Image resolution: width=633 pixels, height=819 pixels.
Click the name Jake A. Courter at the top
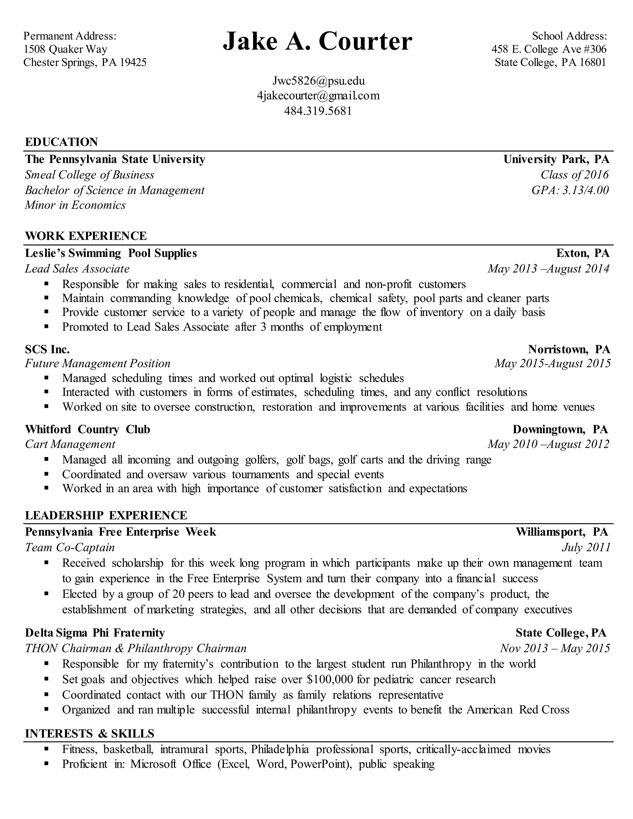[317, 41]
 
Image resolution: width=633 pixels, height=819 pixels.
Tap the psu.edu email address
[318, 81]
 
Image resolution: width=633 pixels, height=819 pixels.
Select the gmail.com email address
[318, 95]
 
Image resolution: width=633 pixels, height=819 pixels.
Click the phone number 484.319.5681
[318, 111]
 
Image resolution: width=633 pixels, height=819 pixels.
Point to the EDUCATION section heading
[62, 142]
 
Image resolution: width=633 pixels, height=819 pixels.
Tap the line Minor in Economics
[75, 205]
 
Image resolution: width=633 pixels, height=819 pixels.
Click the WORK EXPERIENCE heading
[86, 236]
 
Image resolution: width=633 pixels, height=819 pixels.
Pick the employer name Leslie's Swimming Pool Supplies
[111, 253]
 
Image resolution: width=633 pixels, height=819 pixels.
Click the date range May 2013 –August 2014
[548, 269]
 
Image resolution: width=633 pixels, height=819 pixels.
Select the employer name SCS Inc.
[47, 350]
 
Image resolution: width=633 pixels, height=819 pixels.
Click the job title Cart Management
[70, 444]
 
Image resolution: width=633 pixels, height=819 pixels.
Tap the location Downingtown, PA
[560, 429]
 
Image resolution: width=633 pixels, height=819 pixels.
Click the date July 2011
[586, 548]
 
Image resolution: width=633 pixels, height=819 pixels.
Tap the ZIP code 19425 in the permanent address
[133, 62]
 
